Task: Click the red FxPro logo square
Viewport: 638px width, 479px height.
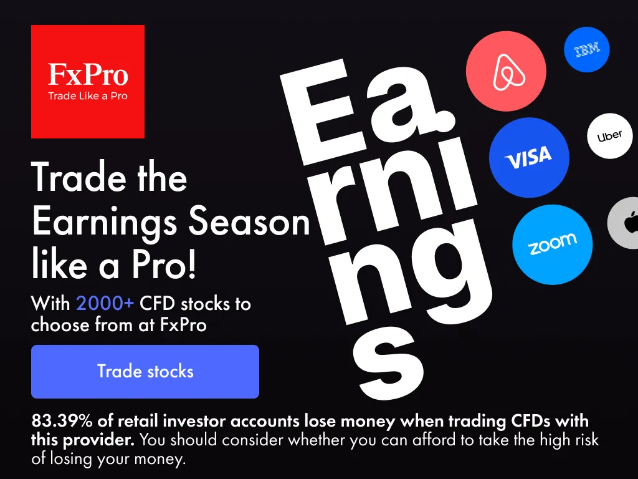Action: click(88, 82)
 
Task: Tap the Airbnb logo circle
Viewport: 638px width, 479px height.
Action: click(506, 71)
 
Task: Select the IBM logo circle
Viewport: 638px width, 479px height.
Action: click(587, 50)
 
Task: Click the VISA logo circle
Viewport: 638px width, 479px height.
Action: click(529, 158)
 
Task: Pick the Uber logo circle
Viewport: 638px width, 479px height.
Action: click(610, 136)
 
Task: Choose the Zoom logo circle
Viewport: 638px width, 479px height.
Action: click(552, 244)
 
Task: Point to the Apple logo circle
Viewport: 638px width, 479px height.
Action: click(624, 223)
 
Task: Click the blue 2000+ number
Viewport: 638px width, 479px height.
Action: click(105, 304)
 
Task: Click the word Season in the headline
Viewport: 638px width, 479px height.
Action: click(249, 222)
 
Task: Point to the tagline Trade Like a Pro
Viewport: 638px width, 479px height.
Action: click(88, 96)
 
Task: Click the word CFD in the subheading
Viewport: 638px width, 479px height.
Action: click(157, 304)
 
